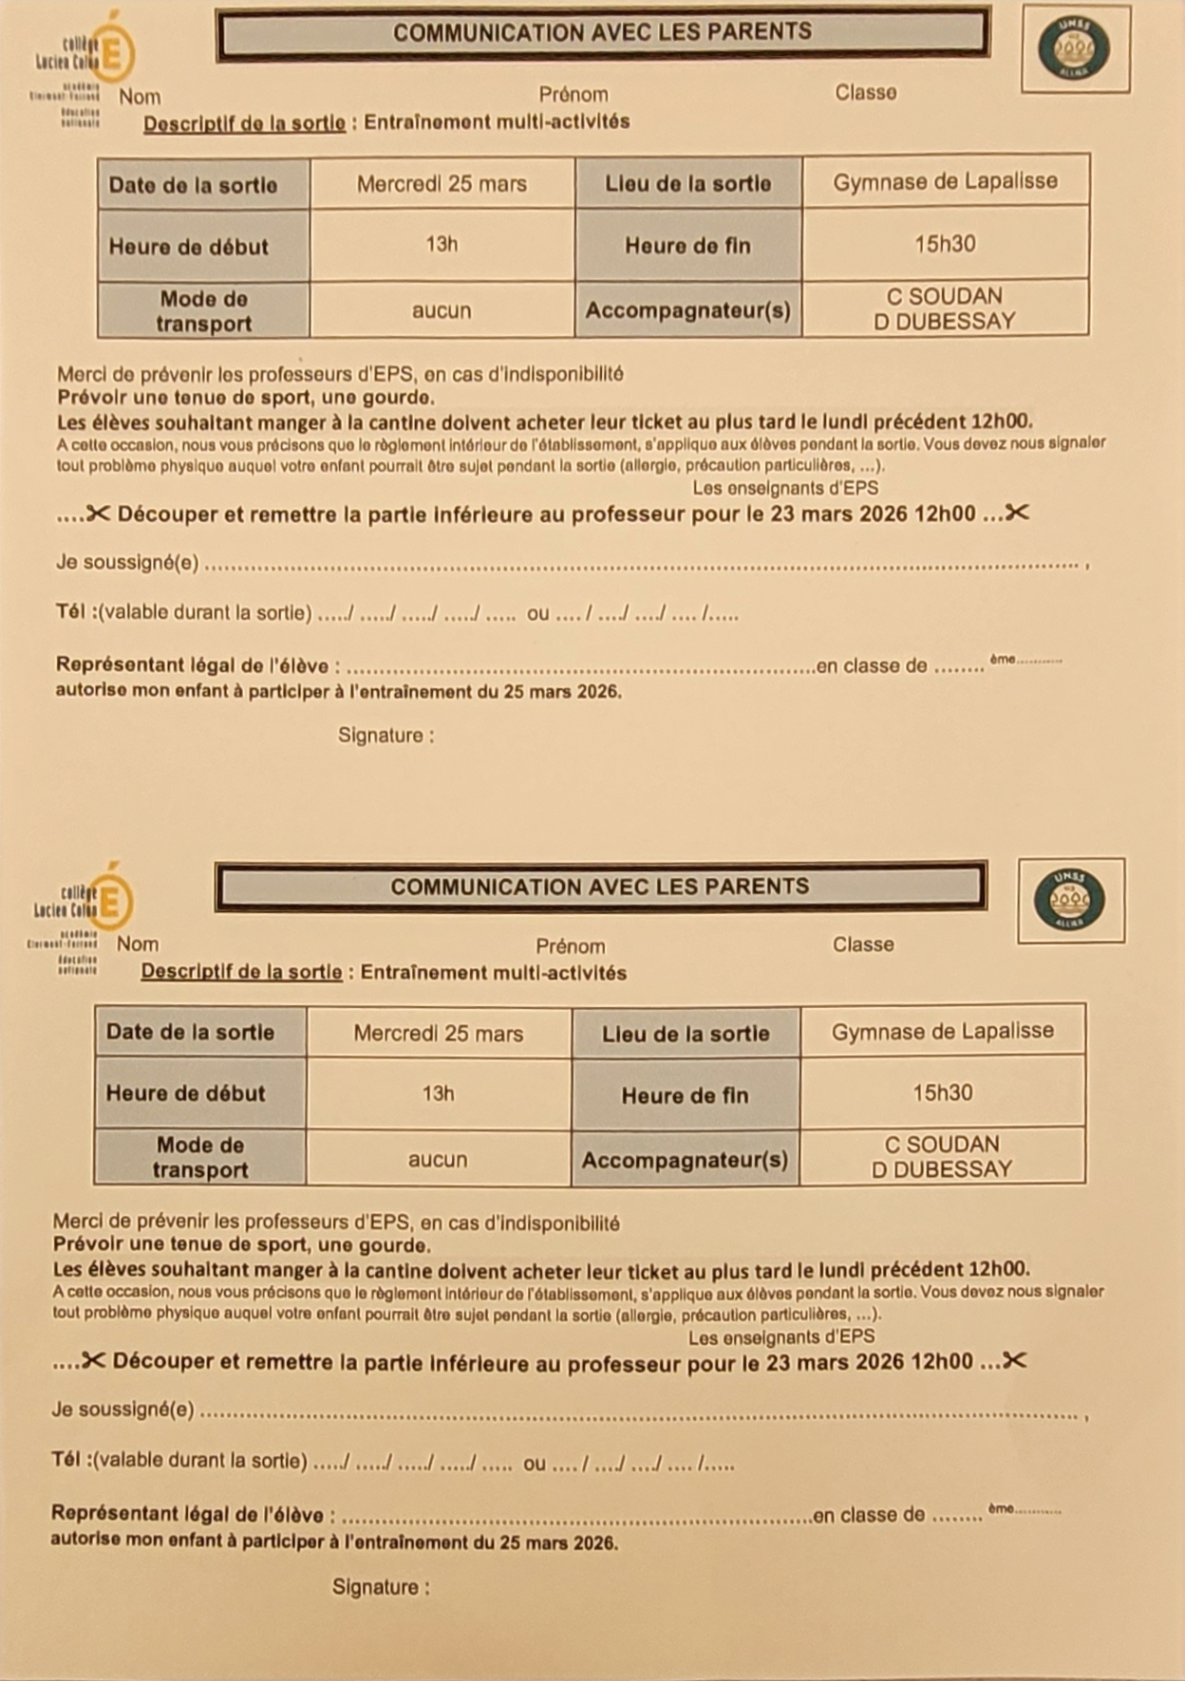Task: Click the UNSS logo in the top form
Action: pos(1074,48)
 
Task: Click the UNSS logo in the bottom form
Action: pos(1070,900)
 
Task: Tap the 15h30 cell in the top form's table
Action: pos(945,244)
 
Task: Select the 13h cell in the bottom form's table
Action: pos(438,1093)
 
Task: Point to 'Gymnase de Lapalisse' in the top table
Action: pos(945,181)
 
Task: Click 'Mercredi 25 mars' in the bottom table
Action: pos(438,1034)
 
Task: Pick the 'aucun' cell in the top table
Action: pos(441,310)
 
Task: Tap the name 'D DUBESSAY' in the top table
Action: pos(944,322)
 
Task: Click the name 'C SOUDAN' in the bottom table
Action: pos(941,1145)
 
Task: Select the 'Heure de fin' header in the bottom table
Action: pos(685,1095)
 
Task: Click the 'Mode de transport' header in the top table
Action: pos(203,311)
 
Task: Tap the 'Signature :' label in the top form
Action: pos(386,736)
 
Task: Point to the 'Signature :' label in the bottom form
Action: pos(380,1587)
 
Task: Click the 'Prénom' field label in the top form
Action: pos(574,95)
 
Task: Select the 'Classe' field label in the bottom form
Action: pos(862,944)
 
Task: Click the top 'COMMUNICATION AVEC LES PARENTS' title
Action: pos(602,32)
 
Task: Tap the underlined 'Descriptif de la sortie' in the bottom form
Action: pos(241,972)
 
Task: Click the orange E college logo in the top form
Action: pos(112,52)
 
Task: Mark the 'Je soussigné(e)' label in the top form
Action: pos(127,562)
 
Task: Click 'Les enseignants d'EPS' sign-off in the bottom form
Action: pos(781,1336)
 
